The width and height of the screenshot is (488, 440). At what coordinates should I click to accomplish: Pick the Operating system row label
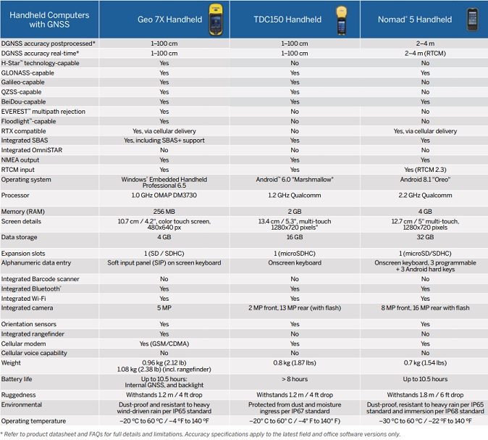pos(26,179)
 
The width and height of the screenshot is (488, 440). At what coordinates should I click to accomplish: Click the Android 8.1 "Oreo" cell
pos(425,179)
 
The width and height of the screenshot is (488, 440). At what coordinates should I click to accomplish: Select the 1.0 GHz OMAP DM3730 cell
pos(164,195)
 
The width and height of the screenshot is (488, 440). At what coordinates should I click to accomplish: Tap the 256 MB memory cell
pos(164,210)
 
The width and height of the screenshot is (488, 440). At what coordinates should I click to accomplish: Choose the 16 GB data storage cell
pos(295,236)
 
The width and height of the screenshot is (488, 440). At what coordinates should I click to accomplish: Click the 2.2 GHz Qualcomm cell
pos(425,195)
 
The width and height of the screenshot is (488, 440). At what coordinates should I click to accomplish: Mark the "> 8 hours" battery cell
pos(295,379)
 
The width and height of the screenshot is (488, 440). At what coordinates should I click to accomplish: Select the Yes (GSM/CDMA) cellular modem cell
pos(164,344)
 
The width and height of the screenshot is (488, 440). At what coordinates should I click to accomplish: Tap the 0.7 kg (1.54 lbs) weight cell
pos(425,362)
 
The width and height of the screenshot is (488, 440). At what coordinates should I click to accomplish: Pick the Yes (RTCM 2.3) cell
pos(425,169)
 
